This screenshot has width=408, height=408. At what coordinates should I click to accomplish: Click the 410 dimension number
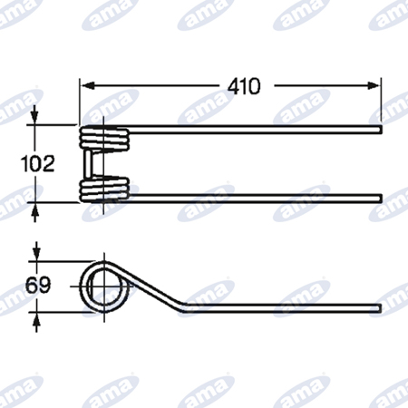tap(244, 86)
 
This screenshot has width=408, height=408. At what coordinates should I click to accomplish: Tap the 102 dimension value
tap(37, 163)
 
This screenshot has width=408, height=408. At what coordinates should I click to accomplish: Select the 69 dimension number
tap(38, 286)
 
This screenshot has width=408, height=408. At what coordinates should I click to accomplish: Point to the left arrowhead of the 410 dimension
tap(87, 86)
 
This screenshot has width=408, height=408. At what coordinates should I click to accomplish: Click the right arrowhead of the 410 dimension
tap(373, 86)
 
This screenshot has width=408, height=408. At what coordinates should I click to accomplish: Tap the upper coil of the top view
tap(104, 138)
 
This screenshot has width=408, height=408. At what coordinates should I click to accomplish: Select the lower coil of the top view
tap(104, 189)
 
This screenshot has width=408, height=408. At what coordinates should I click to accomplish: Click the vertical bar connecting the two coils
tap(87, 164)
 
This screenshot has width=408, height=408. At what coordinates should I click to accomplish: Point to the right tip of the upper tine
tap(381, 130)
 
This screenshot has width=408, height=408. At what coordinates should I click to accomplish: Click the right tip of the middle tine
tap(381, 199)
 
